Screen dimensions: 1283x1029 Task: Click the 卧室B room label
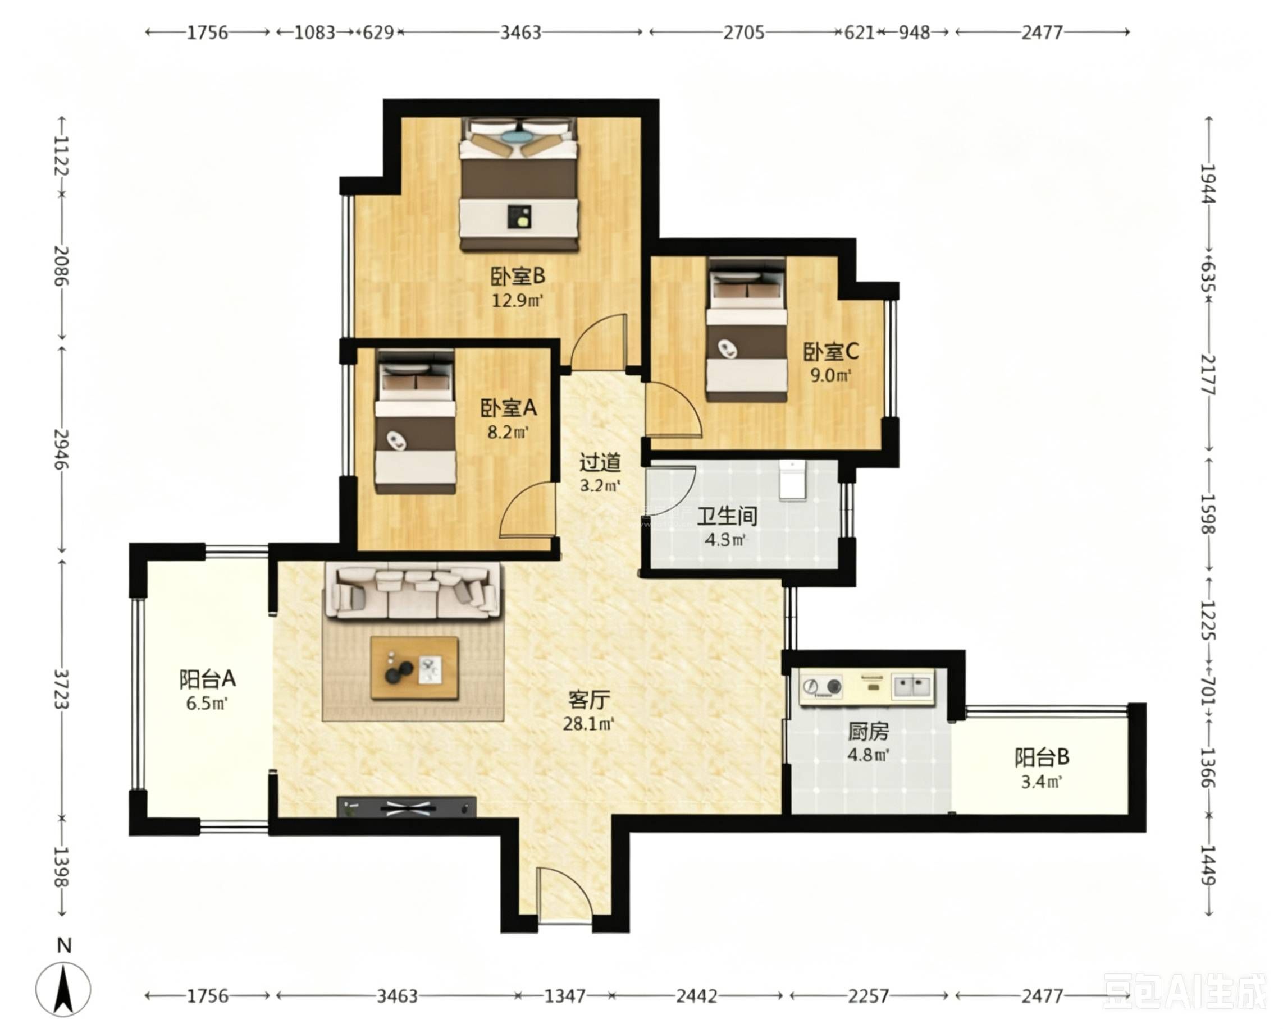tap(518, 276)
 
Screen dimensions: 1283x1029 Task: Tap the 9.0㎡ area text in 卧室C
tap(831, 375)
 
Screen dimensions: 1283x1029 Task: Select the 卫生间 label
tap(727, 516)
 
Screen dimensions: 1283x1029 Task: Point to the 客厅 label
tap(588, 700)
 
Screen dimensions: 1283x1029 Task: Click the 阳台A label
tap(208, 679)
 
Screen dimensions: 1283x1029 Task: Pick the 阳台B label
tap(1042, 757)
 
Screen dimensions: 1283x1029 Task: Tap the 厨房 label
tap(868, 731)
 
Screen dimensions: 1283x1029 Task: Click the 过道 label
tap(600, 462)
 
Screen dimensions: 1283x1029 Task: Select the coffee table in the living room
tap(415, 667)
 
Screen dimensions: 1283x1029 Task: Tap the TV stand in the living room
tap(407, 807)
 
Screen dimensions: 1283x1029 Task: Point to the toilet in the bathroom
tap(792, 479)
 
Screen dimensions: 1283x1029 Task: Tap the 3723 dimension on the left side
tap(61, 690)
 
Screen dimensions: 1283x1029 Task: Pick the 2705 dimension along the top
tap(744, 32)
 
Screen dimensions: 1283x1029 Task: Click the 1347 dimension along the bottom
tap(565, 996)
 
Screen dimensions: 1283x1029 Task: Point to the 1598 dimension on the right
tap(1207, 514)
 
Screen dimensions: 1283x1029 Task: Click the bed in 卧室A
tap(416, 422)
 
